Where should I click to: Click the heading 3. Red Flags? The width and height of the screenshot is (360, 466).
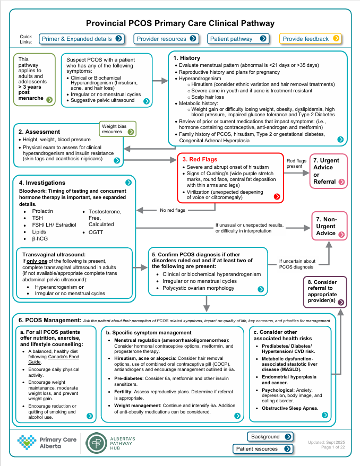(200, 159)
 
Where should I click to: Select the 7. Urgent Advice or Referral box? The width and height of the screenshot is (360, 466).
(329, 170)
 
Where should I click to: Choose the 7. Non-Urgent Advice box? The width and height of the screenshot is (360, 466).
(329, 226)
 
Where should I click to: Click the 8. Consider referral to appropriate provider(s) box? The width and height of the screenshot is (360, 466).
(325, 292)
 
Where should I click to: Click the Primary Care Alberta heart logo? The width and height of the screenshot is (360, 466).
(27, 442)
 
